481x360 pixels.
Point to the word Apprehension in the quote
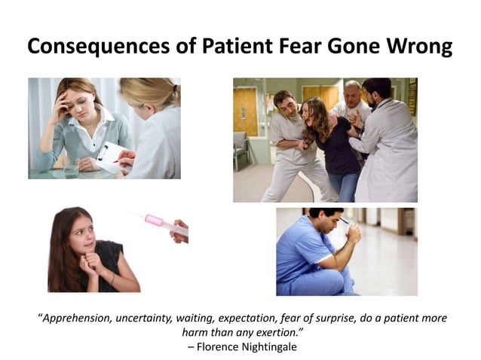77,318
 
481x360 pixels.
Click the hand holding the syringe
179,231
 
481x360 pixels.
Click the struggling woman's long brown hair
316,121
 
